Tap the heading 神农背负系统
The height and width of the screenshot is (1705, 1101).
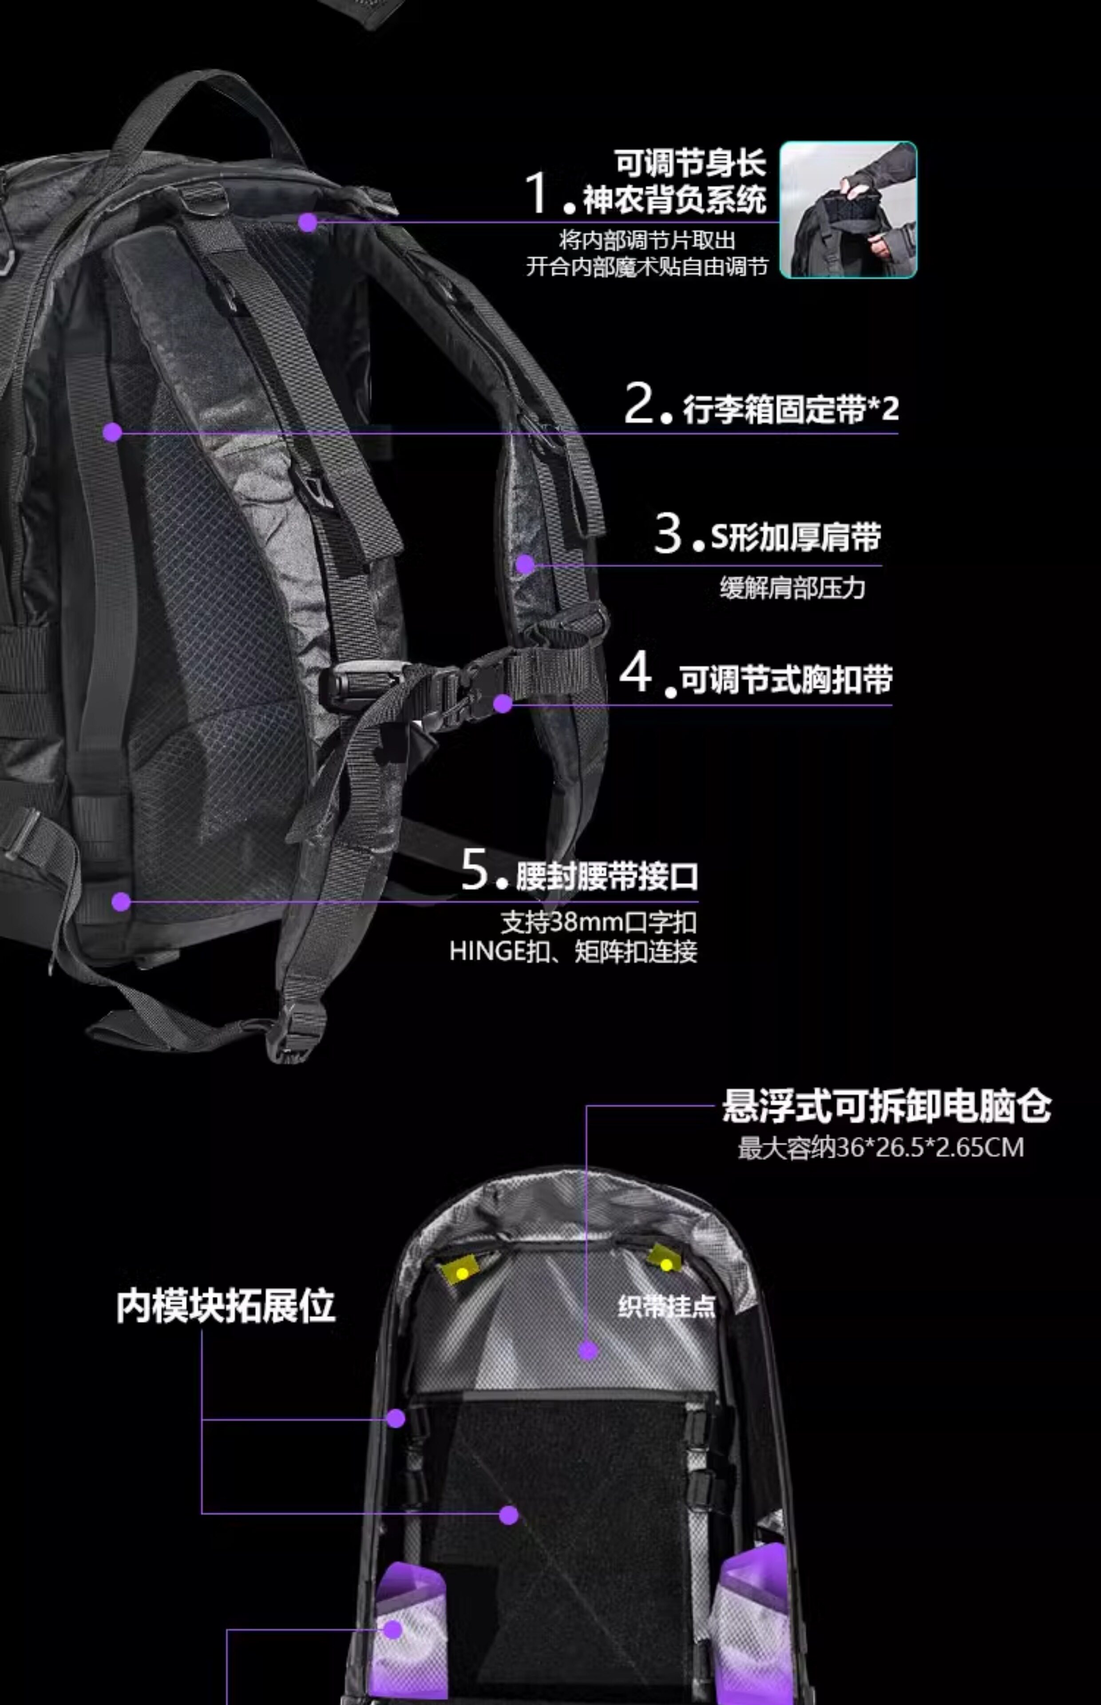pyautogui.click(x=674, y=199)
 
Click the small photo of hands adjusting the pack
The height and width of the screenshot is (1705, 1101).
pyautogui.click(x=848, y=210)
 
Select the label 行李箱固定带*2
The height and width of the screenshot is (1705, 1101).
pyautogui.click(x=791, y=410)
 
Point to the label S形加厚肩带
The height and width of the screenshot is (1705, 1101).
pyautogui.click(x=795, y=538)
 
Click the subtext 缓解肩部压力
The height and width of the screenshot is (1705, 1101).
pyautogui.click(x=792, y=588)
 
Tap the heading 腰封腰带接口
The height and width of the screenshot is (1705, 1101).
pyautogui.click(x=607, y=876)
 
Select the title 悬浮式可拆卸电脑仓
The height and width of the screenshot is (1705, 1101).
pyautogui.click(x=886, y=1106)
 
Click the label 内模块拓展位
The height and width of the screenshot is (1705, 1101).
pyautogui.click(x=226, y=1306)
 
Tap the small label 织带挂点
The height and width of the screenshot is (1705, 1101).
pyautogui.click(x=666, y=1307)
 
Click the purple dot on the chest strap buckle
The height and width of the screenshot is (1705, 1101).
pyautogui.click(x=503, y=703)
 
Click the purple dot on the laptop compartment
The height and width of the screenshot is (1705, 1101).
pyautogui.click(x=588, y=1350)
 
